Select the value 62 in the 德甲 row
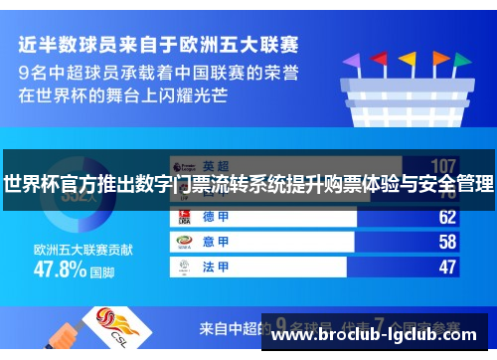446,217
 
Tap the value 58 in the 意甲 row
446,242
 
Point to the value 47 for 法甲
446,267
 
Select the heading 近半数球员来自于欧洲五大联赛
158,45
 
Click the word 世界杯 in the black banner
30,184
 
